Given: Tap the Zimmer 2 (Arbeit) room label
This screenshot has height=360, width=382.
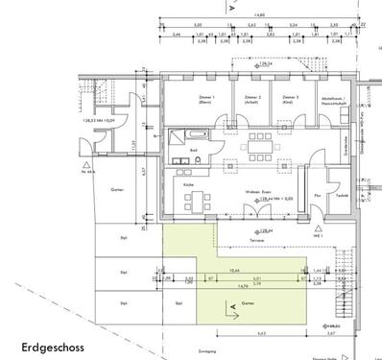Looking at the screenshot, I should click(253, 100).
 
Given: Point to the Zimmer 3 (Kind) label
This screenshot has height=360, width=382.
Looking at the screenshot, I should click(287, 100).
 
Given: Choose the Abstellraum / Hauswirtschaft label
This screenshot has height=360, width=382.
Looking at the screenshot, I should click(330, 101).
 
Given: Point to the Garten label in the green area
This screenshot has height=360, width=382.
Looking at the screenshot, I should click(249, 300).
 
